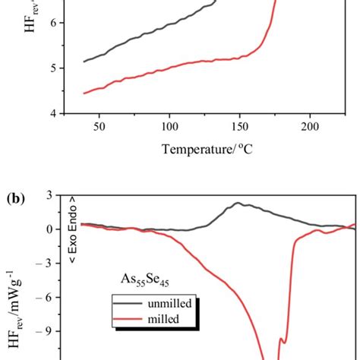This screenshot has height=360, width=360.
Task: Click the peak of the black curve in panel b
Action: [x=238, y=203]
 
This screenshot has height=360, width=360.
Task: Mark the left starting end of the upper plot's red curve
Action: [x=84, y=93]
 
